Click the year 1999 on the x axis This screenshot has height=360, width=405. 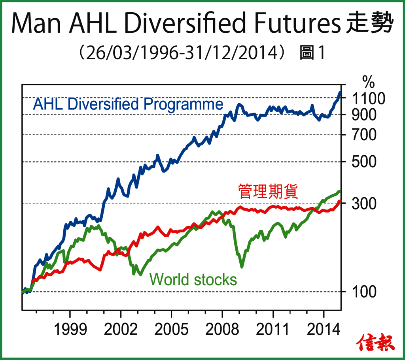point(70,329)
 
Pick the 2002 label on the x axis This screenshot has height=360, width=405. point(121,329)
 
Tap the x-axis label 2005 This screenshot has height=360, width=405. point(172,329)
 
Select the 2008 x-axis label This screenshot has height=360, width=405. point(222,329)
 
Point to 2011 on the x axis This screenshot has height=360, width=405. point(273,329)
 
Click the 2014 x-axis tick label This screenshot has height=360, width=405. point(324,329)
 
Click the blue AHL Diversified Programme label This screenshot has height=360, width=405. point(128,104)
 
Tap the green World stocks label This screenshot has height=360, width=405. point(193,279)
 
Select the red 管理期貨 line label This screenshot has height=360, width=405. point(268,191)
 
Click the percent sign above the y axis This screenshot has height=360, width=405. point(368,83)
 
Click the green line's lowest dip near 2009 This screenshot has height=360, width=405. point(242,266)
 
